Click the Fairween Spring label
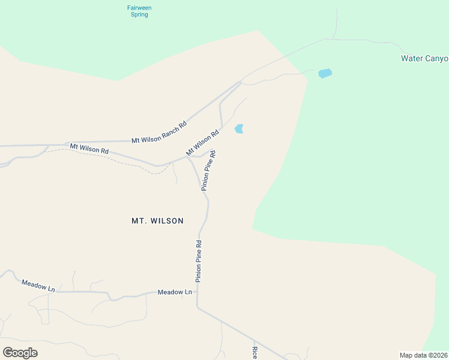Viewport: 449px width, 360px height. click(139, 11)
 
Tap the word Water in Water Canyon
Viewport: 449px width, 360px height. click(412, 59)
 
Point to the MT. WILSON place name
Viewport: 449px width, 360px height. click(157, 221)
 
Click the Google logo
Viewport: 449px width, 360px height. click(20, 352)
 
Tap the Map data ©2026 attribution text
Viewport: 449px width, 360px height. click(423, 355)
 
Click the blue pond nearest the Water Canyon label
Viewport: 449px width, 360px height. click(325, 73)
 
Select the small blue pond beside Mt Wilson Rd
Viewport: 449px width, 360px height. click(239, 128)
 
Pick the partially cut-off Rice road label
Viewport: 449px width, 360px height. click(255, 353)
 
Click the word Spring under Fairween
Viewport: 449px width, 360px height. click(139, 14)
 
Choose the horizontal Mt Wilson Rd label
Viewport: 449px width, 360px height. click(89, 148)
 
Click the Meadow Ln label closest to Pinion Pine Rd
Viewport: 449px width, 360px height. click(175, 292)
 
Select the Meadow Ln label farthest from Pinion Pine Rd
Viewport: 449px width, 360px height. click(38, 285)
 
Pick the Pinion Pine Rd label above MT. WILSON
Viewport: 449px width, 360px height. click(208, 170)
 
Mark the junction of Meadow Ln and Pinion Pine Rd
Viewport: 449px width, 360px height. click(197, 292)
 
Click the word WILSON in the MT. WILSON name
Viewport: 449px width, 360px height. click(166, 221)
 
